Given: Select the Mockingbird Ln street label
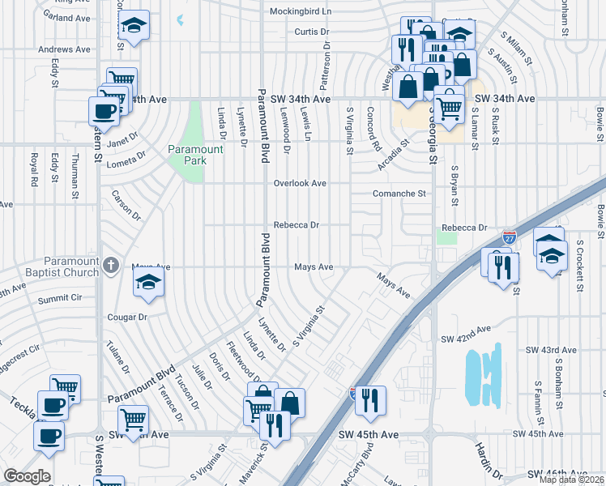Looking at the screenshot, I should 301,12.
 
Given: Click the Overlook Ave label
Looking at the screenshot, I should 299,184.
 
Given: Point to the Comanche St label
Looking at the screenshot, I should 399,194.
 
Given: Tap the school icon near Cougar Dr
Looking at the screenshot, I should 149,283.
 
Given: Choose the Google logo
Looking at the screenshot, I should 27,476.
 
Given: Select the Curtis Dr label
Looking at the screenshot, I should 312,32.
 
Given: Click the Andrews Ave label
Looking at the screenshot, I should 64,49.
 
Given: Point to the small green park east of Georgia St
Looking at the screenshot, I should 446,237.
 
